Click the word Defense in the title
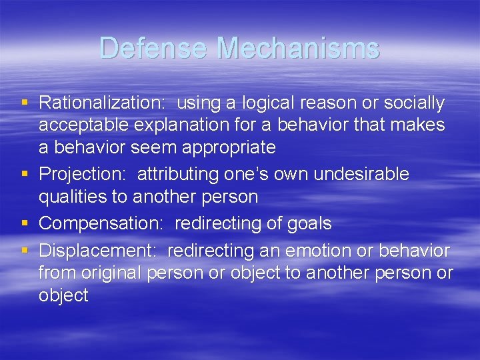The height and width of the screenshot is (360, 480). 155,48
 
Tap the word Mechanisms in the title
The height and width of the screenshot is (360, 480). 298,48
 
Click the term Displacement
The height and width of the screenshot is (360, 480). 99,251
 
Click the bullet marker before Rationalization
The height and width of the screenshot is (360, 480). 25,103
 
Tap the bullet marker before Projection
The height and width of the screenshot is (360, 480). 25,174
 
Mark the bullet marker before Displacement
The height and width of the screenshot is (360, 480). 25,251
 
